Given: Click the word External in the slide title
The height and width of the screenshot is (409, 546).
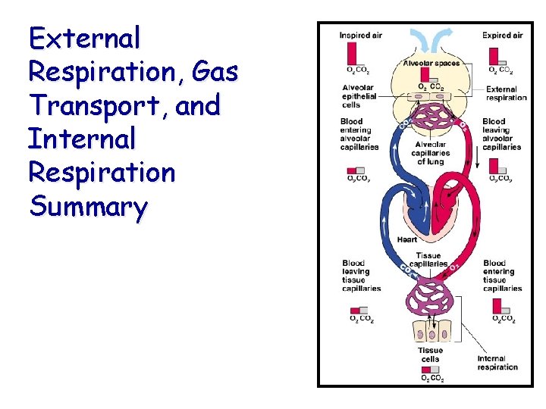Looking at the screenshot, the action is (x=84, y=37).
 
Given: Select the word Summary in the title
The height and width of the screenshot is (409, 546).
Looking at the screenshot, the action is (x=88, y=206).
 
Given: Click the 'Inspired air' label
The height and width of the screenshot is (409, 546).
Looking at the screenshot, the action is (x=360, y=35).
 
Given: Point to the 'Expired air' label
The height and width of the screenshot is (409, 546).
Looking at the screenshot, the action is (x=502, y=35).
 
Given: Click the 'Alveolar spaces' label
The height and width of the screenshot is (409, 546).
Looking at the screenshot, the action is (x=431, y=63).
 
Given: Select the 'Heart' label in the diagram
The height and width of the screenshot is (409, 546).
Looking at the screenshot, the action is (x=407, y=239).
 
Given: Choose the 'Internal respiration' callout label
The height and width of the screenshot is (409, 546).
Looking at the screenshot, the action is (x=497, y=363).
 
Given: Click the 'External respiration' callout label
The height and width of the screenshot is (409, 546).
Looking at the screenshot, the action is (x=507, y=93).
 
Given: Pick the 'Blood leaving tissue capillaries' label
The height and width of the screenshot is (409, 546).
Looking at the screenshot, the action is (x=360, y=276).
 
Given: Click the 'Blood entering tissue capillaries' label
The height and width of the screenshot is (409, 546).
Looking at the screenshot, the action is (x=502, y=276).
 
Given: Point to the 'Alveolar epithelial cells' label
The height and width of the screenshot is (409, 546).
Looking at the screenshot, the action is (x=359, y=96).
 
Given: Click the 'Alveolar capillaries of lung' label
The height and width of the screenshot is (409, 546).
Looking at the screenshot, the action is (x=430, y=152).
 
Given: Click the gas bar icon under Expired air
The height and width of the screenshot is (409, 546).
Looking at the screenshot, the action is (x=494, y=57).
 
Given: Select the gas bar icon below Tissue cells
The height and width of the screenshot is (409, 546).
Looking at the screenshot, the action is (x=431, y=370).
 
